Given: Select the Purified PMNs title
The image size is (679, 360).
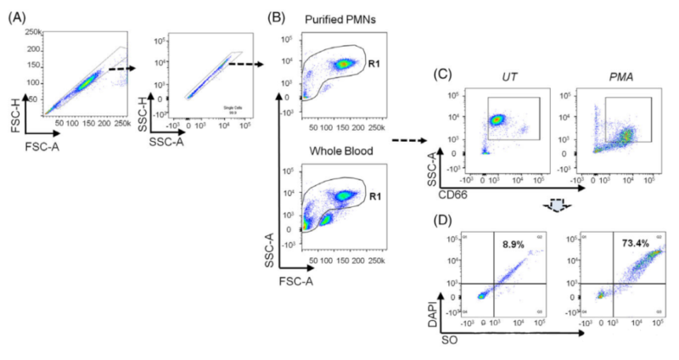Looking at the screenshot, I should [x=340, y=20].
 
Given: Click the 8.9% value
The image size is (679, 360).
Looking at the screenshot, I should [x=519, y=243].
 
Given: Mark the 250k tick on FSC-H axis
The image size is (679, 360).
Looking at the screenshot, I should [x=34, y=31].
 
